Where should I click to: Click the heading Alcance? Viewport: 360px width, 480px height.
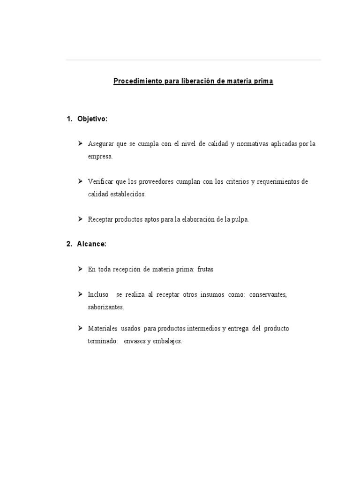click(x=92, y=244)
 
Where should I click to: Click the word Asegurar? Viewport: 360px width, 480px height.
click(x=100, y=144)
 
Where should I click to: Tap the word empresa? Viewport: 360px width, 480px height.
click(x=100, y=157)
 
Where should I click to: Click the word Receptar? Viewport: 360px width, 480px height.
click(x=100, y=219)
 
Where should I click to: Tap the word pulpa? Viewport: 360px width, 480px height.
click(x=240, y=219)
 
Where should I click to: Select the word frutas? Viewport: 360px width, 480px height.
click(x=205, y=269)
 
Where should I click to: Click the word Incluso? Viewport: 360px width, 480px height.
click(x=98, y=294)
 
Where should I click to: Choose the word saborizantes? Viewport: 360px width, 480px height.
click(x=106, y=307)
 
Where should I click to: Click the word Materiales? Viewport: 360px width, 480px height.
click(x=102, y=328)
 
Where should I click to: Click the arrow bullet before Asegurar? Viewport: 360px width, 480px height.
click(x=80, y=143)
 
